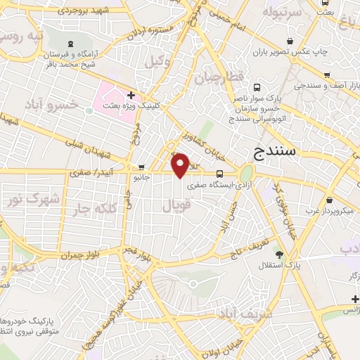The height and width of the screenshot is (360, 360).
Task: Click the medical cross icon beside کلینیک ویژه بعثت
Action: [x=131, y=94]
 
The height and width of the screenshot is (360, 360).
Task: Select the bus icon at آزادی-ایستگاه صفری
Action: [x=220, y=174]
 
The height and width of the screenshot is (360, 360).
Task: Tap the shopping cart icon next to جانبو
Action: [x=143, y=167]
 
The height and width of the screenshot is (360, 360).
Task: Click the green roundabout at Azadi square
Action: [x=246, y=173]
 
